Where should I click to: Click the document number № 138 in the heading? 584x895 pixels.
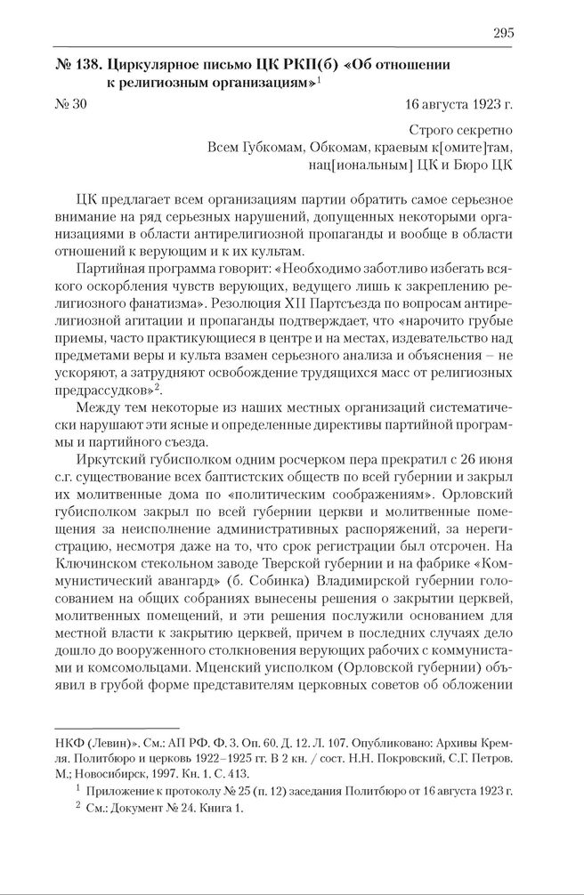75,65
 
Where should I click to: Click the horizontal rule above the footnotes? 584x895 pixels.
117,727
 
